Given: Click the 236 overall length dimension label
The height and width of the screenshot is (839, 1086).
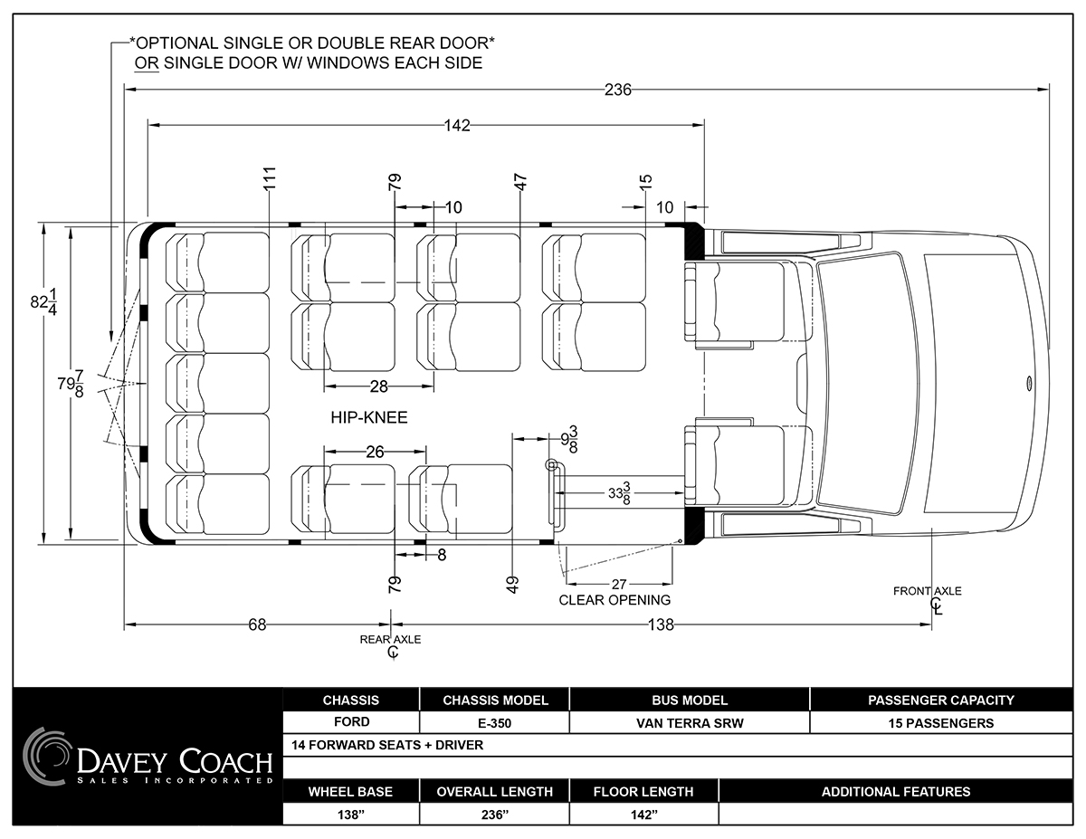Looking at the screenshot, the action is tap(618, 90).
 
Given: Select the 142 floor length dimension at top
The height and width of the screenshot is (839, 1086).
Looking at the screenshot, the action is tap(457, 126).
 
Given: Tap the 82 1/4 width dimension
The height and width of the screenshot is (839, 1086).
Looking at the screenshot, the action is tap(44, 301).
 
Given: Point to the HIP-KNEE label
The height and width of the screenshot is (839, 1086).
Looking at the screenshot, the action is tap(369, 417).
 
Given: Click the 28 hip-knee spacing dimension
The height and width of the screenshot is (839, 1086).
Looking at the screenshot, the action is tap(379, 386).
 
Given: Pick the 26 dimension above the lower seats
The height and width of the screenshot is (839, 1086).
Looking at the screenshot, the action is tap(375, 452).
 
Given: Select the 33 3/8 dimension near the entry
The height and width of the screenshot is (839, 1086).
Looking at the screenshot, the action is tap(619, 493).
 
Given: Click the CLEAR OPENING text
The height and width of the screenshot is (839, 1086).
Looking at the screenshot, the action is tap(614, 600).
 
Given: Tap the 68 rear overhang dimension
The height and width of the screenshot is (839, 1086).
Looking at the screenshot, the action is tap(257, 624).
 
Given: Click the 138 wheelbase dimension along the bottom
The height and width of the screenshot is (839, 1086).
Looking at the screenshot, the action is tap(661, 624).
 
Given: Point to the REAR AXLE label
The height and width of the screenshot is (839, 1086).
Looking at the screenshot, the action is tap(390, 640).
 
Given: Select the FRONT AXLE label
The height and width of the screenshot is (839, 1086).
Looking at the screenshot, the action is tap(927, 591).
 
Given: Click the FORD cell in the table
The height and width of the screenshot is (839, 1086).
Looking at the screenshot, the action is tap(352, 722).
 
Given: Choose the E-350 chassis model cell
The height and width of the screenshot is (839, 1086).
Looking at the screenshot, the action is tap(494, 723).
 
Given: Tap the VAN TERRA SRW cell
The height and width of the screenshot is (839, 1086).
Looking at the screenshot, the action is tap(690, 723).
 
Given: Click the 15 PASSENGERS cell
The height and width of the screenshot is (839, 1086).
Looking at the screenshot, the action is tap(941, 723).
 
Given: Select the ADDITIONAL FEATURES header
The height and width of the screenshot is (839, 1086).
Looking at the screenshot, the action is tap(896, 792).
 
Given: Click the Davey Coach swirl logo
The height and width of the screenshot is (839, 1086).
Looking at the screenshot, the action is tap(46, 757).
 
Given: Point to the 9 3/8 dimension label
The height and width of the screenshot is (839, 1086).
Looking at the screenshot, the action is tap(569, 439).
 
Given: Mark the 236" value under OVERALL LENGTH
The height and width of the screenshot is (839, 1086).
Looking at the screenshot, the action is tap(494, 815).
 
